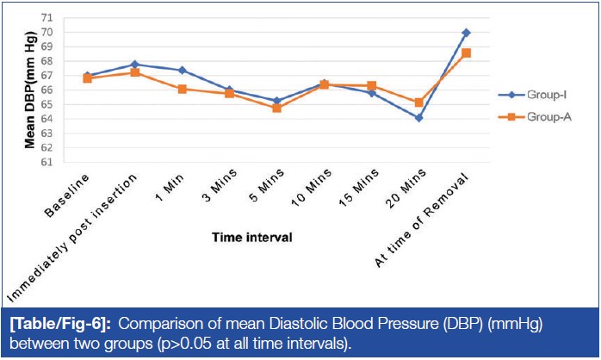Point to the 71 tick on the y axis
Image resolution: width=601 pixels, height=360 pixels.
click(46, 17)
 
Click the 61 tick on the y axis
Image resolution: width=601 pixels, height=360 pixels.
click(46, 162)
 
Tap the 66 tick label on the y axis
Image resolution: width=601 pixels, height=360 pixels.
click(46, 90)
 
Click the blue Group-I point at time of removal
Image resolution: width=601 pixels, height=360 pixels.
click(466, 33)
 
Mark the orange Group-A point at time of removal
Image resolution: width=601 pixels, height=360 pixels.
click(466, 53)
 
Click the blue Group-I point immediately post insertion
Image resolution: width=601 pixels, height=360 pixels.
click(134, 65)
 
